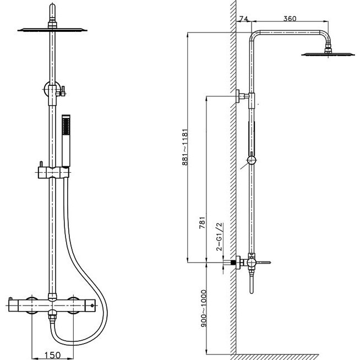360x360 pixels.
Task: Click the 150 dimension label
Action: coord(53,355)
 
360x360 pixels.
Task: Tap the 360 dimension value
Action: coord(290,18)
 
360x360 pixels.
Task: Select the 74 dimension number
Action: coord(244,19)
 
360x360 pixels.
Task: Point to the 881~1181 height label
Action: coord(185,147)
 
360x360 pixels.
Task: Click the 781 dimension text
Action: coord(202,222)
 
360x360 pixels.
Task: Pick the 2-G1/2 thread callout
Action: coord(219,237)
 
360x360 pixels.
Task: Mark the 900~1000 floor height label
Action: coord(204,309)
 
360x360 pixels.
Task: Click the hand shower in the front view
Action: coord(66,141)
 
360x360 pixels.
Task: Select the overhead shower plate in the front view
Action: coord(52,30)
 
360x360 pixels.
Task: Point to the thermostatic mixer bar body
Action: coord(52,306)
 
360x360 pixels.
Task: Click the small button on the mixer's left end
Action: coord(10,299)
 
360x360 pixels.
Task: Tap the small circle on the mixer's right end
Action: coord(92,306)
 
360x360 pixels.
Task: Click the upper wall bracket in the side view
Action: coord(242,96)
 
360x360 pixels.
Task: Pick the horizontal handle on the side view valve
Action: coord(263,262)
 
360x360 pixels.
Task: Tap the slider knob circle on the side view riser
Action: coord(252,160)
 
